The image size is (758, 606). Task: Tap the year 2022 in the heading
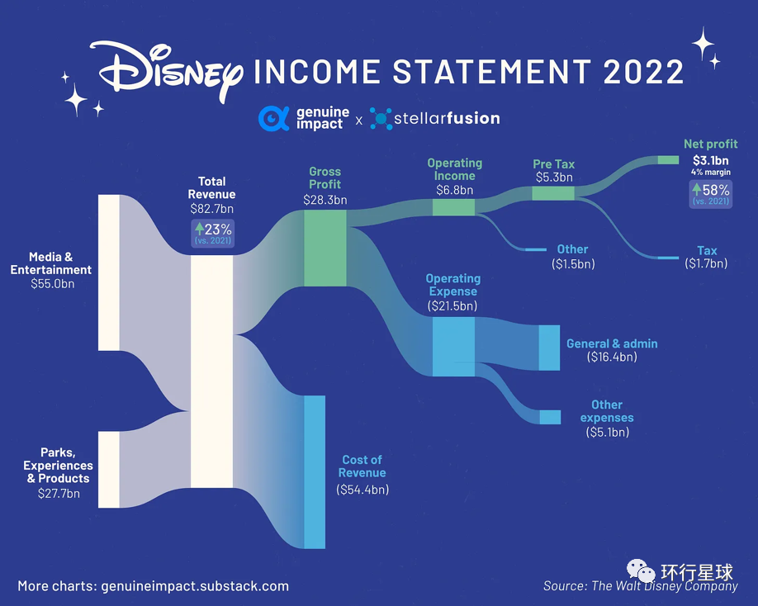pos(643,72)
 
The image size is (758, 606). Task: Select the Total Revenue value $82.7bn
pos(211,209)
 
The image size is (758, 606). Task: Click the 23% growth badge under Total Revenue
pos(213,234)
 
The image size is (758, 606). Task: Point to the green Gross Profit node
pos(325,248)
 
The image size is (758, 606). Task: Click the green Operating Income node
pos(453,207)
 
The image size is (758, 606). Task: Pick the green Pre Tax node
pos(553,193)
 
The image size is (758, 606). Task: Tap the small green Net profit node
pos(668,160)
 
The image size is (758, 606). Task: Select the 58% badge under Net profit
pos(711,194)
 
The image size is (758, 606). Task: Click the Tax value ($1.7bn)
pos(706,263)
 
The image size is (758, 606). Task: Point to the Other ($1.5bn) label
pos(573,257)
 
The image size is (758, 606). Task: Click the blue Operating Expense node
pos(453,347)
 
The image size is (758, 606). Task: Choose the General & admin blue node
pos(550,348)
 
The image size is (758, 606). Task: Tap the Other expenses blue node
pos(550,417)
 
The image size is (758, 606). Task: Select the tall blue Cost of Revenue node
pos(315,472)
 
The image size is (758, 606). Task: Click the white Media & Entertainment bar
pos(109,272)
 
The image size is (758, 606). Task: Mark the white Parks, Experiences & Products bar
pos(109,470)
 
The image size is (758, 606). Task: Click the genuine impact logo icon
pos(274,118)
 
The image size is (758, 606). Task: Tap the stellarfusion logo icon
pos(381,118)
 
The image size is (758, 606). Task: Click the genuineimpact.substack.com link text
pos(195,586)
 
